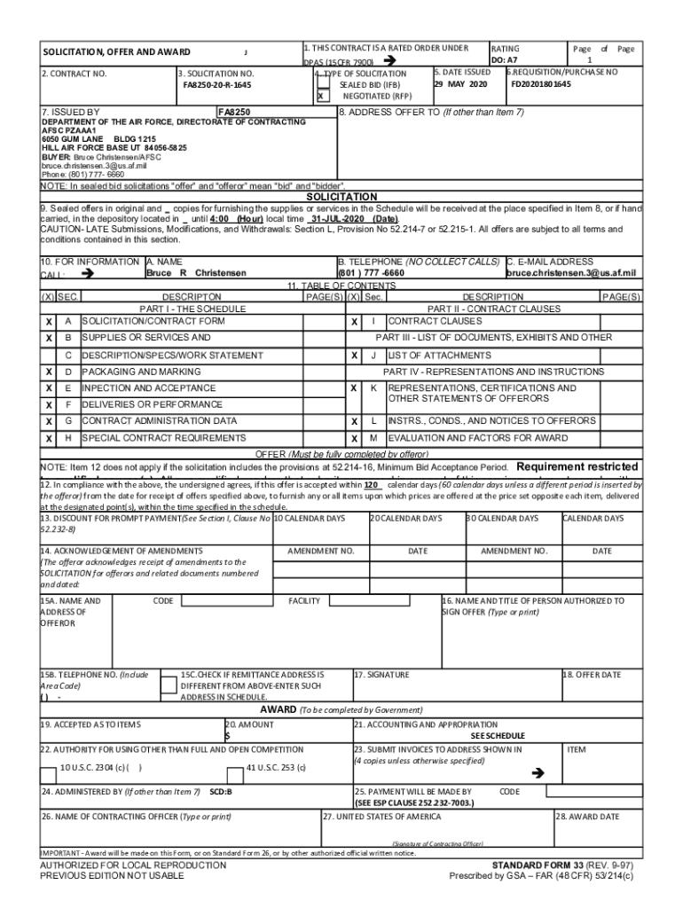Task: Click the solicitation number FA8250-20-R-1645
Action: pyautogui.click(x=217, y=85)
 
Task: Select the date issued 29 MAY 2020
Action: pyautogui.click(x=460, y=83)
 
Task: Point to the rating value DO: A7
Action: pyautogui.click(x=505, y=60)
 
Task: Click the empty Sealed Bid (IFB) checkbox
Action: pyautogui.click(x=323, y=84)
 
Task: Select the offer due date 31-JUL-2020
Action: pyautogui.click(x=338, y=218)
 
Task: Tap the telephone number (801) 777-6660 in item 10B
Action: pyautogui.click(x=371, y=273)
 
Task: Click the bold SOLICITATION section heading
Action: pyautogui.click(x=341, y=197)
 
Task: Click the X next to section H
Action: pyautogui.click(x=49, y=438)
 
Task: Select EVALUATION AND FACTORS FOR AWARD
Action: pyautogui.click(x=478, y=438)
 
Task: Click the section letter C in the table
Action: pyautogui.click(x=68, y=355)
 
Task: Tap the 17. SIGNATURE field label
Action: pyautogui.click(x=381, y=675)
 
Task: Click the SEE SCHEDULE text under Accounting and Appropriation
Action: pyautogui.click(x=498, y=736)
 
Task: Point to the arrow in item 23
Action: pyautogui.click(x=534, y=773)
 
